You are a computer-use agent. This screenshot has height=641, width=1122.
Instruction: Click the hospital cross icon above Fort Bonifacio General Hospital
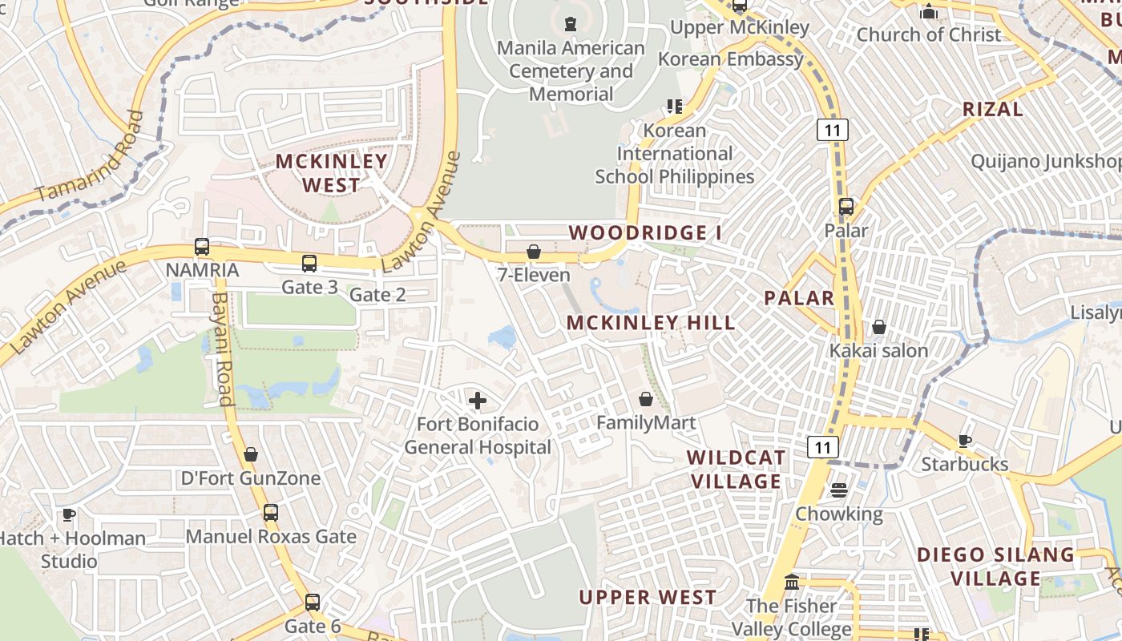[478, 400]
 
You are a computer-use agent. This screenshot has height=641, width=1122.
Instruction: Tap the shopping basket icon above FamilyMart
[646, 398]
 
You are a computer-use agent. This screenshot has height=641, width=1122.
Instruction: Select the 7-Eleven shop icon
[534, 252]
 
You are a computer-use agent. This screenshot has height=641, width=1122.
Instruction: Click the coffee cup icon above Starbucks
[965, 441]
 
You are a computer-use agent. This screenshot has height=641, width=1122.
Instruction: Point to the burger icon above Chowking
[839, 490]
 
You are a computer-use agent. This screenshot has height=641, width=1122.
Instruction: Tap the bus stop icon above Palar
[846, 207]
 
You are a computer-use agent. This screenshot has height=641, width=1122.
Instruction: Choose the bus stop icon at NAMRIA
[202, 247]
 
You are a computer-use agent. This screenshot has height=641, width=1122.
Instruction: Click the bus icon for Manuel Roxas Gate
[271, 512]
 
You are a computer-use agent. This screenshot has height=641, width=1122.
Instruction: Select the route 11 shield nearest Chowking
[823, 446]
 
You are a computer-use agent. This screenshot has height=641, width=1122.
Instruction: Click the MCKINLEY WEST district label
[332, 173]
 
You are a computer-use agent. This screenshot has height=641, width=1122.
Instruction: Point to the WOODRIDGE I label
[645, 233]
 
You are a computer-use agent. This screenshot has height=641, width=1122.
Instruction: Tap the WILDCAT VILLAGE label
[736, 469]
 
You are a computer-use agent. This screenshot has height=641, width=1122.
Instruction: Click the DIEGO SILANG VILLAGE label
[995, 566]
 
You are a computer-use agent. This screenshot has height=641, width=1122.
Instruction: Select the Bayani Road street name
[220, 349]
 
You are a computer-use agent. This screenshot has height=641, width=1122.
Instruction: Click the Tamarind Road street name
[91, 157]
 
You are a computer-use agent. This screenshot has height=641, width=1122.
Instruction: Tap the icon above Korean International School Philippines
[674, 106]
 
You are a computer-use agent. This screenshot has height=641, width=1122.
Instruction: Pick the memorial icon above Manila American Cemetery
[571, 24]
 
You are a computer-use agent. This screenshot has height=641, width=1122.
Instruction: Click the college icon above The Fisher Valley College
[792, 582]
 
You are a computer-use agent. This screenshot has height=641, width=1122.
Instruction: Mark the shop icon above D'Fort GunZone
[251, 454]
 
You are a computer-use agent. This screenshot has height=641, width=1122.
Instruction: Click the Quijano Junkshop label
[1046, 162]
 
